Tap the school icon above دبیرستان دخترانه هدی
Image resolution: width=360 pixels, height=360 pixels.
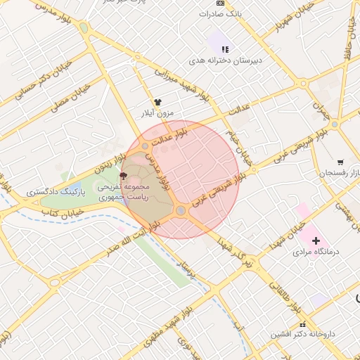pos(225,49)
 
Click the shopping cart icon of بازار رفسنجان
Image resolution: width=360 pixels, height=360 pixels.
pos(340,162)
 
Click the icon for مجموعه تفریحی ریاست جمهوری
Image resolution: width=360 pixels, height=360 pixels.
pos(124,176)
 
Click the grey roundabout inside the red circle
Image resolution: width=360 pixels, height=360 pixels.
pos(181,211)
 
